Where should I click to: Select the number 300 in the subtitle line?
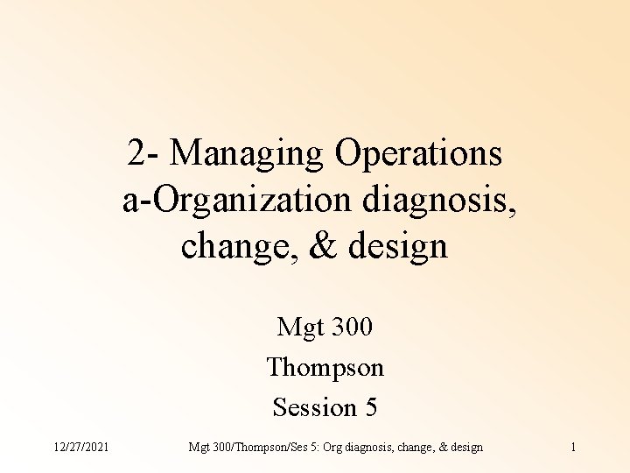[x=348, y=328]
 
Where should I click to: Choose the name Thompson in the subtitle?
[x=325, y=367]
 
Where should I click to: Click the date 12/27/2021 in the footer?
[x=80, y=448]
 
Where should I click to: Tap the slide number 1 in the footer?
[x=572, y=448]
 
